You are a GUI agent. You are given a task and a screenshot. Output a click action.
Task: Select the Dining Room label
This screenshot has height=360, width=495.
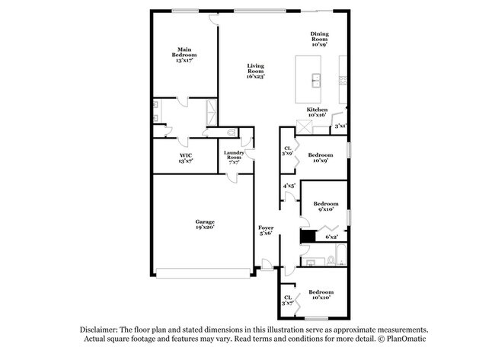320,39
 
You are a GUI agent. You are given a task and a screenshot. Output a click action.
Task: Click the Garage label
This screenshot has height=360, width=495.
203,224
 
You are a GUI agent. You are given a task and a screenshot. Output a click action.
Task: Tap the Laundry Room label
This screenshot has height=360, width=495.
233,157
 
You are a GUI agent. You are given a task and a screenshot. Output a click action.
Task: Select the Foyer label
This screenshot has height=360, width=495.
266,231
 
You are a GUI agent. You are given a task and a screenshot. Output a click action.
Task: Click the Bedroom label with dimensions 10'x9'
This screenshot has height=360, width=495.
320,158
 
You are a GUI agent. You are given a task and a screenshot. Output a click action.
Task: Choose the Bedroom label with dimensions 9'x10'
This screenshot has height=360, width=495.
326,207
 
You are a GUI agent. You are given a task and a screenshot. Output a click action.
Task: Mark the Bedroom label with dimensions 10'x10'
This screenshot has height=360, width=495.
321,295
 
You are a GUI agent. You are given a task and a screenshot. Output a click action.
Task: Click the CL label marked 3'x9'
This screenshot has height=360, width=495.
288,151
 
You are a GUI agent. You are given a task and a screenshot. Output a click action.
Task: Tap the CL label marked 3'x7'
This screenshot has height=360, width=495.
288,300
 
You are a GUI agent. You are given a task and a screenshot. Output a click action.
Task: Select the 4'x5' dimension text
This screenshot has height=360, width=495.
289,186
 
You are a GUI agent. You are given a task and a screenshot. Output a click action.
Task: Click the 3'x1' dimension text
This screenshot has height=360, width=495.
341,126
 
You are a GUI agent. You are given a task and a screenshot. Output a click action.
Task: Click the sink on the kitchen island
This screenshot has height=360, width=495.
315,80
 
